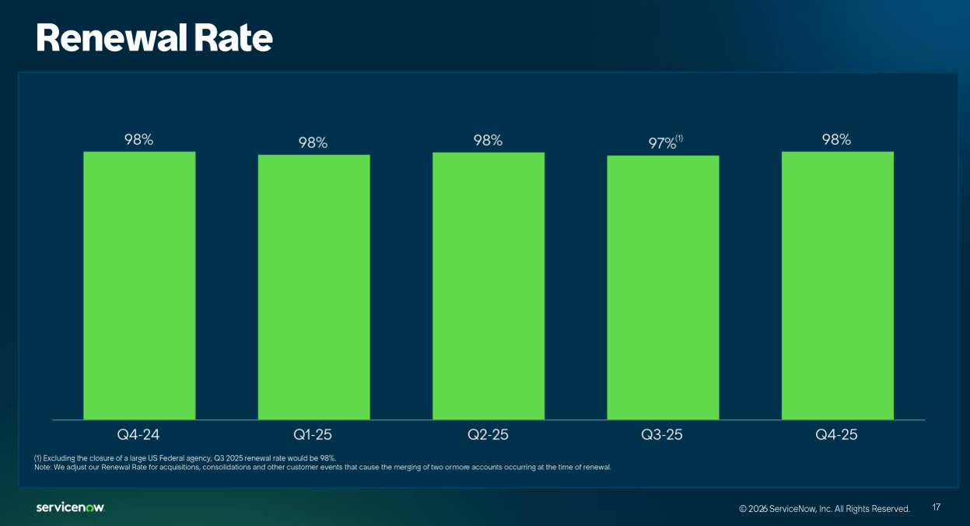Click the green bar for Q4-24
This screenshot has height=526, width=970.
[x=139, y=286]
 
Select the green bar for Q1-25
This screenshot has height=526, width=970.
[x=313, y=287]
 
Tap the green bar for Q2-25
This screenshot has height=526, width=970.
[x=489, y=286]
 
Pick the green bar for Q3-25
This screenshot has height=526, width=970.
[x=663, y=287]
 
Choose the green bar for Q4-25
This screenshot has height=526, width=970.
[x=837, y=286]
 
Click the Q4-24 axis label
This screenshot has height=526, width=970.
[x=139, y=434]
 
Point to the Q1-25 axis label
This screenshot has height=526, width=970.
[x=313, y=434]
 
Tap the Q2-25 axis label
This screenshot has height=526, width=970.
[x=489, y=434]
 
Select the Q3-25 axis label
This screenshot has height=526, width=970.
[x=663, y=434]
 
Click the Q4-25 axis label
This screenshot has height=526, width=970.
[x=837, y=434]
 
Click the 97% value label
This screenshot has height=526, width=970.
[x=661, y=144]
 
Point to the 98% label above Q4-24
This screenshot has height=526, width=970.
[x=139, y=140]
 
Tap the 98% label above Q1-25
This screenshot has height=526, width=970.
[x=313, y=143]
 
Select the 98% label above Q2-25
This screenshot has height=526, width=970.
[x=489, y=140]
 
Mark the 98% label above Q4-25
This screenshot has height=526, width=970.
[x=837, y=140]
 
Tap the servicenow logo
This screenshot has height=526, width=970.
[x=70, y=507]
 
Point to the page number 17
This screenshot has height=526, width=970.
[x=937, y=507]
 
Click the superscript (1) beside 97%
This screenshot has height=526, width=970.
[x=679, y=139]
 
